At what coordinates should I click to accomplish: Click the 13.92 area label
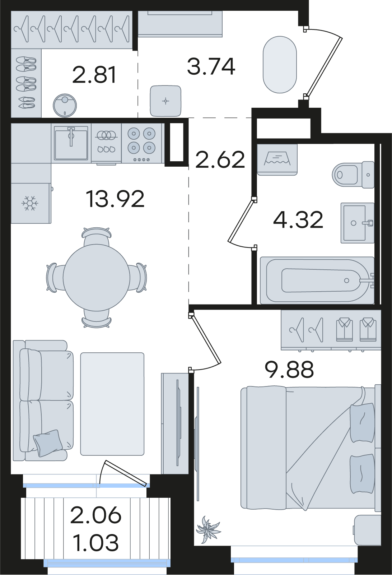click(x=115, y=199)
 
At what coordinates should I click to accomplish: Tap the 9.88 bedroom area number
click(x=289, y=370)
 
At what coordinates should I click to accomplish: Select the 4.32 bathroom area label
click(x=298, y=220)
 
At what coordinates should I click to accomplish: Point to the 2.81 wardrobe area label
click(x=94, y=75)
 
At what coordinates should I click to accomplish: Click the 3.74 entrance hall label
click(x=211, y=66)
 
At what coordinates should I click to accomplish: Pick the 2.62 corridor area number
click(x=220, y=160)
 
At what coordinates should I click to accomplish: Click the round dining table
click(x=96, y=277)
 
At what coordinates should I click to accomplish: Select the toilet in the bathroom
click(x=353, y=175)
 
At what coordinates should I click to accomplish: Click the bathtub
click(x=317, y=280)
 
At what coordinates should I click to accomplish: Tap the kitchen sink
click(x=71, y=144)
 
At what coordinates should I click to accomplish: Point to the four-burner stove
click(x=141, y=144)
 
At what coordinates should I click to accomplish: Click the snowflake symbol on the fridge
click(x=30, y=203)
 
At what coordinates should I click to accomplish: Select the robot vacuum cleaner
click(x=65, y=105)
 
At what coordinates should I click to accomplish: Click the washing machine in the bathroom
click(x=277, y=159)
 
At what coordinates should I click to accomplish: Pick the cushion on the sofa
click(x=48, y=443)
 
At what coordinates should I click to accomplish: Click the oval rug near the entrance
click(x=280, y=64)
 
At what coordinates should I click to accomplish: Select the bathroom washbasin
click(x=358, y=223)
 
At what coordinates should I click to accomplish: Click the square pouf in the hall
click(x=165, y=101)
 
